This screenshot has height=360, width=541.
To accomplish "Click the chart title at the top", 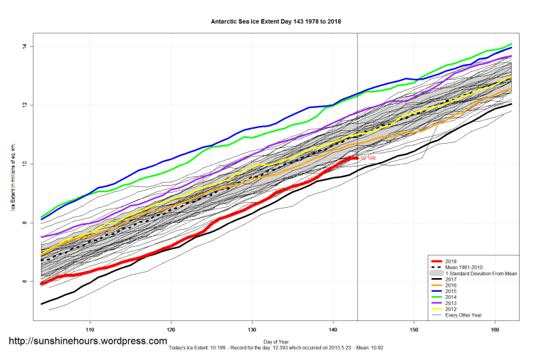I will (x=276, y=21).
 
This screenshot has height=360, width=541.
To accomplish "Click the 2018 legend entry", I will (x=453, y=260).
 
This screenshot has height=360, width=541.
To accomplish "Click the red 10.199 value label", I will (x=368, y=158).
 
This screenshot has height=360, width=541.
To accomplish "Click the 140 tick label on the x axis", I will (x=333, y=330).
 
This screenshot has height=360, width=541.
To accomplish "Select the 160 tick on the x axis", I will (x=495, y=330).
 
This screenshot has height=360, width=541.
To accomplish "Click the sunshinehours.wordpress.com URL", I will (x=88, y=342).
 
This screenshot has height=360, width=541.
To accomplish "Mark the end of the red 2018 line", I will (x=357, y=158).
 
